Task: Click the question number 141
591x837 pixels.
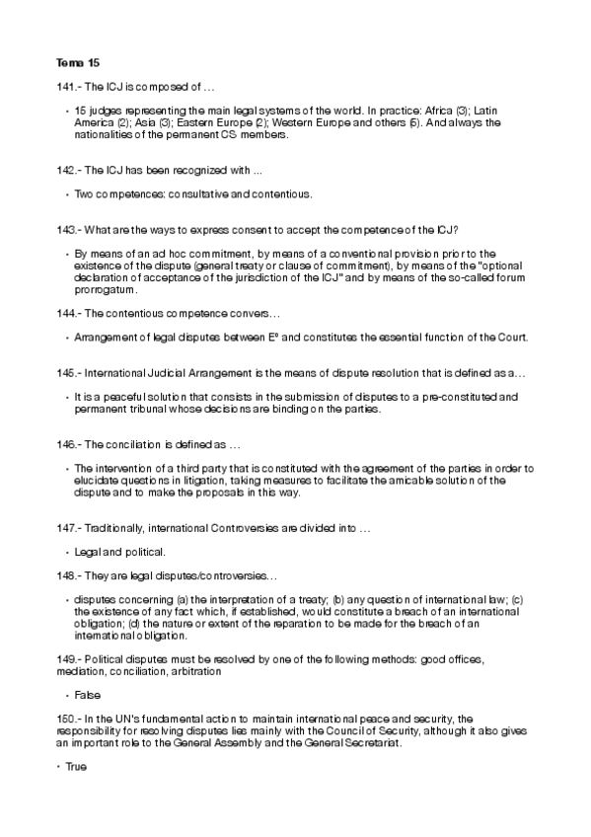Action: tap(66, 88)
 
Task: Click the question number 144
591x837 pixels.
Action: tap(66, 312)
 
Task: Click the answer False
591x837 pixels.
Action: tap(88, 695)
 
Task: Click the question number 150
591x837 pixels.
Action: tap(66, 718)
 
